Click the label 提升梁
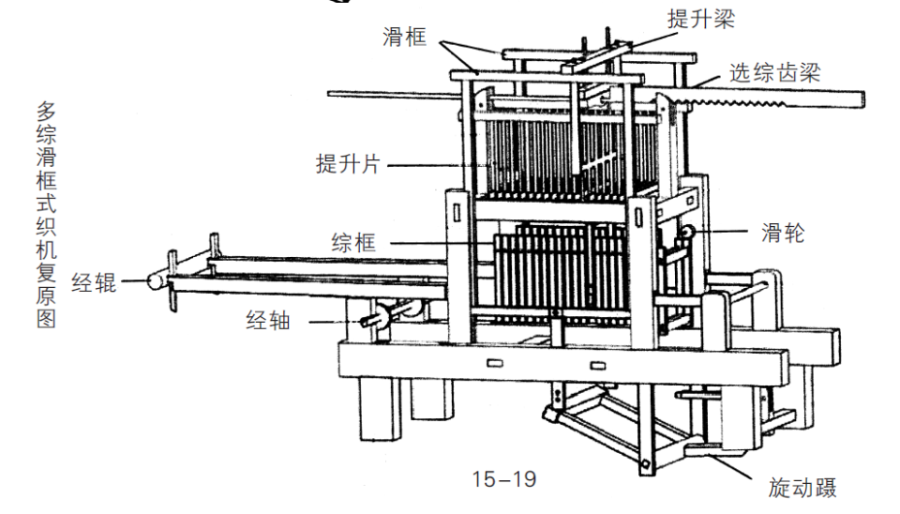[701, 19]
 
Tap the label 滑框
[405, 38]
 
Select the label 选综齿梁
[775, 73]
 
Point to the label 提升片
[348, 164]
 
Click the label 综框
[354, 242]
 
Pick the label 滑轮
[784, 233]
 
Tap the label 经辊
[94, 282]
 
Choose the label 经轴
[269, 320]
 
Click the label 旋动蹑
[802, 488]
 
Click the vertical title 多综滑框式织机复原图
[47, 215]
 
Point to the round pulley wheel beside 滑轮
[686, 233]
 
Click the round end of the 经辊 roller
[154, 280]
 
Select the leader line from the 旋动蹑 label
[729, 464]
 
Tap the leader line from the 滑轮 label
[720, 232]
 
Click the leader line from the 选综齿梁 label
[706, 82]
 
